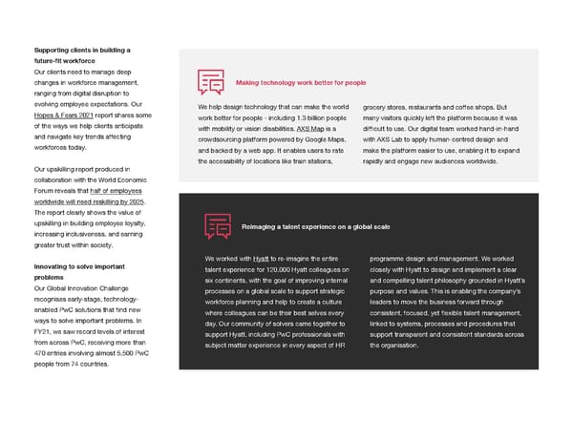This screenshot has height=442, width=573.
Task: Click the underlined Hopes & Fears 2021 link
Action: pyautogui.click(x=66, y=115)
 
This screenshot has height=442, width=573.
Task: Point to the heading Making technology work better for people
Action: pyautogui.click(x=300, y=83)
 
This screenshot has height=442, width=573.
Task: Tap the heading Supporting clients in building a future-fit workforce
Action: pyautogui.click(x=81, y=55)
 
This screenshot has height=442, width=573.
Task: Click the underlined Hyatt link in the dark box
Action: pyautogui.click(x=260, y=259)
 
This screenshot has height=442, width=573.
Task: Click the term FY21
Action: pyautogui.click(x=44, y=331)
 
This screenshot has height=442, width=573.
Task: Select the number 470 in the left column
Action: pyautogui.click(x=40, y=353)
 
